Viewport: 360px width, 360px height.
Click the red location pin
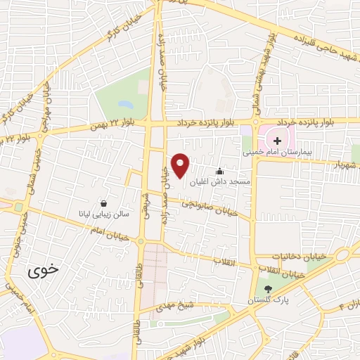181,165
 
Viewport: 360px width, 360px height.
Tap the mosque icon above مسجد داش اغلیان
219,171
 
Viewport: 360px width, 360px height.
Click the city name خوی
37,271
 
